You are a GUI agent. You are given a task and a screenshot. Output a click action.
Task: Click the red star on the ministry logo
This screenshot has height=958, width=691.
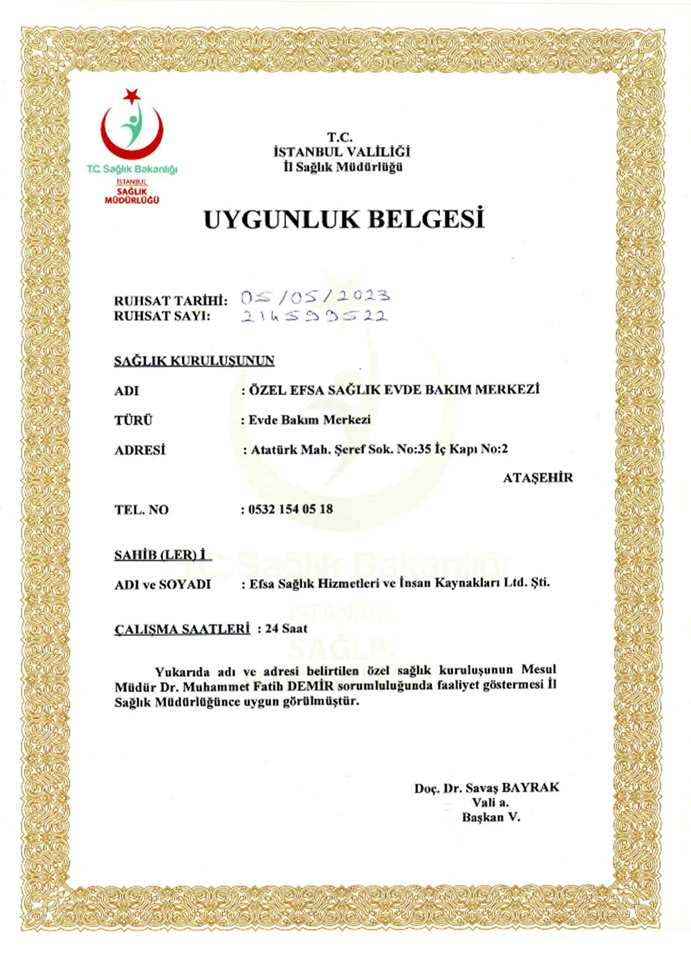point(131,95)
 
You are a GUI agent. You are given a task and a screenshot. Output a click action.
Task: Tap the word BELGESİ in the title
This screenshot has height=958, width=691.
point(427,219)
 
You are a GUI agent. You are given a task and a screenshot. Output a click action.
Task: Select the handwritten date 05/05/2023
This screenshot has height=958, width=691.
point(315,296)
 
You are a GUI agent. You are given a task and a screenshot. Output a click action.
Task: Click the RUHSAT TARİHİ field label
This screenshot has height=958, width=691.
point(170,300)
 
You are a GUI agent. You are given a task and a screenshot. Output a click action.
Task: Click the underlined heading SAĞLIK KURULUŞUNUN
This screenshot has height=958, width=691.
point(194,361)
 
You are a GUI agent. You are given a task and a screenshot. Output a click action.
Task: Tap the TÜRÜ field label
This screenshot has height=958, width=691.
point(133,420)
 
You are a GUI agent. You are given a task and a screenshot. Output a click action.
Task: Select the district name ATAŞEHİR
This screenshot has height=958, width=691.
point(538,478)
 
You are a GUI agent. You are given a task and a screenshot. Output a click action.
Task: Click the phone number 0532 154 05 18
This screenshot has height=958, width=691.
point(290,509)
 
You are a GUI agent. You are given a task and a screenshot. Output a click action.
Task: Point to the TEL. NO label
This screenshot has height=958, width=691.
point(141,510)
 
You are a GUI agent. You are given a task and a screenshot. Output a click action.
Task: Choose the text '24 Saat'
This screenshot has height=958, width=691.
point(286,628)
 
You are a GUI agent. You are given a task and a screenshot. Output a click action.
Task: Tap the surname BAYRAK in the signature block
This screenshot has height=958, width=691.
point(530,787)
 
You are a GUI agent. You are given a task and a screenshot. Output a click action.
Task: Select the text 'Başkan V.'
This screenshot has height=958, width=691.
point(491,817)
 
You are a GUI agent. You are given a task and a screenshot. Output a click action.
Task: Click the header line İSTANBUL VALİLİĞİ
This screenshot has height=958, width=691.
point(341,152)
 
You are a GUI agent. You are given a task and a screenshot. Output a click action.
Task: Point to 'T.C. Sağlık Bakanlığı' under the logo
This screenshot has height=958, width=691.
point(132,169)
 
